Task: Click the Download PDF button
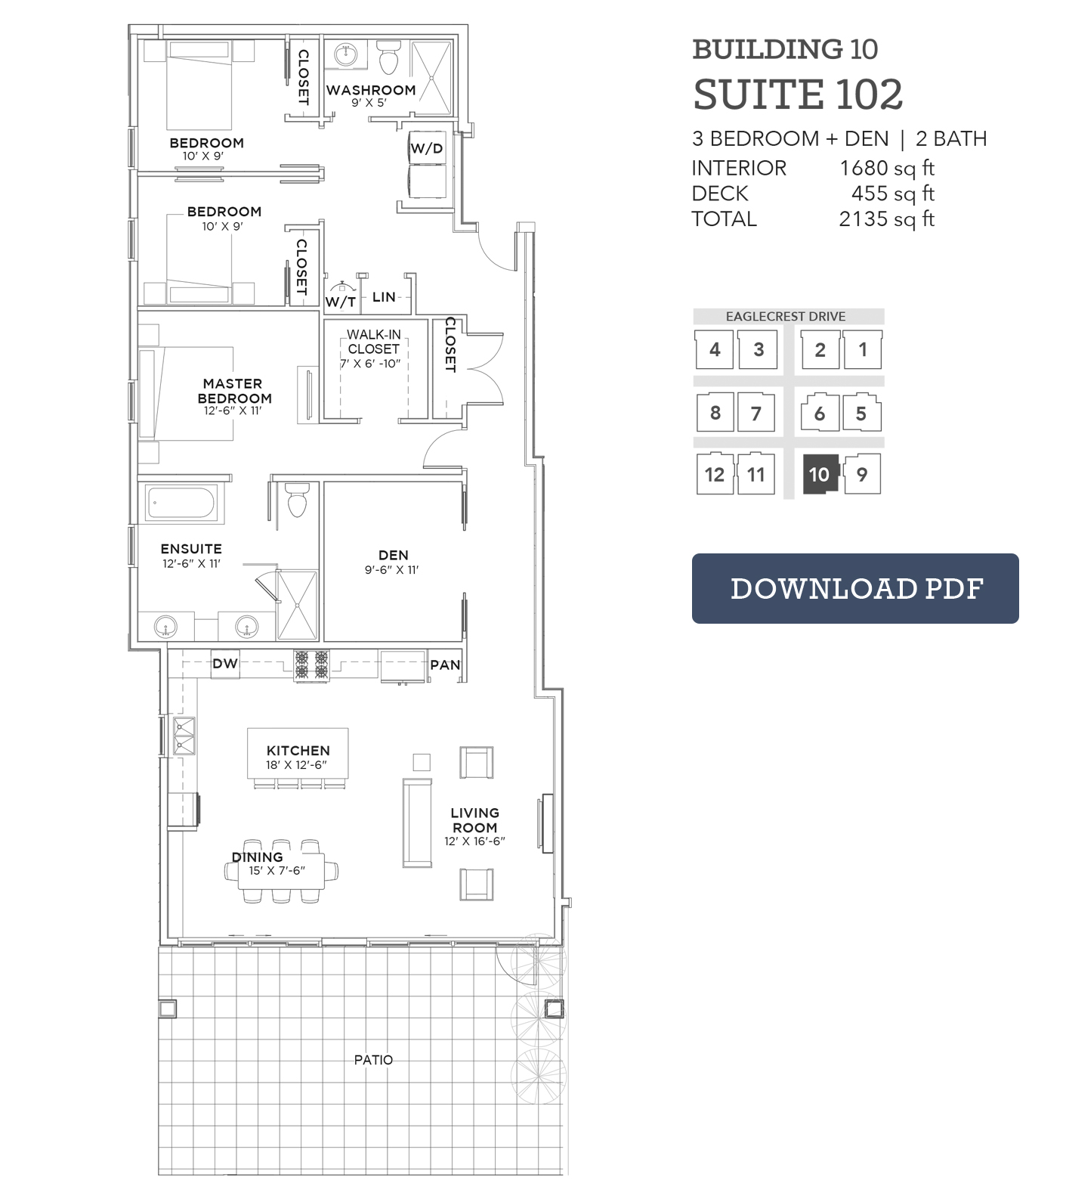(855, 588)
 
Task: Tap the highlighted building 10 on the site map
(819, 475)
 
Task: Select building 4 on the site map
(715, 349)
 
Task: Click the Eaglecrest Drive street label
(786, 317)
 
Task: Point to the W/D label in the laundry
(427, 148)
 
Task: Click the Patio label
(373, 1060)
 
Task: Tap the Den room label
(393, 556)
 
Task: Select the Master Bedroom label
(234, 391)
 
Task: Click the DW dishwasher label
(225, 664)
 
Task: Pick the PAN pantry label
(445, 665)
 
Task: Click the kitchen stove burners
(311, 664)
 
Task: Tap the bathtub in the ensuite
(184, 503)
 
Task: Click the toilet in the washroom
(389, 57)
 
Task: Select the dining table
(282, 871)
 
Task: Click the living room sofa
(417, 823)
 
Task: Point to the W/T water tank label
(341, 302)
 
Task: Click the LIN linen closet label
(384, 297)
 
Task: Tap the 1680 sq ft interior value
(887, 168)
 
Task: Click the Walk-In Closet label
(373, 342)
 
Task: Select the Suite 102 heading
(798, 95)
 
